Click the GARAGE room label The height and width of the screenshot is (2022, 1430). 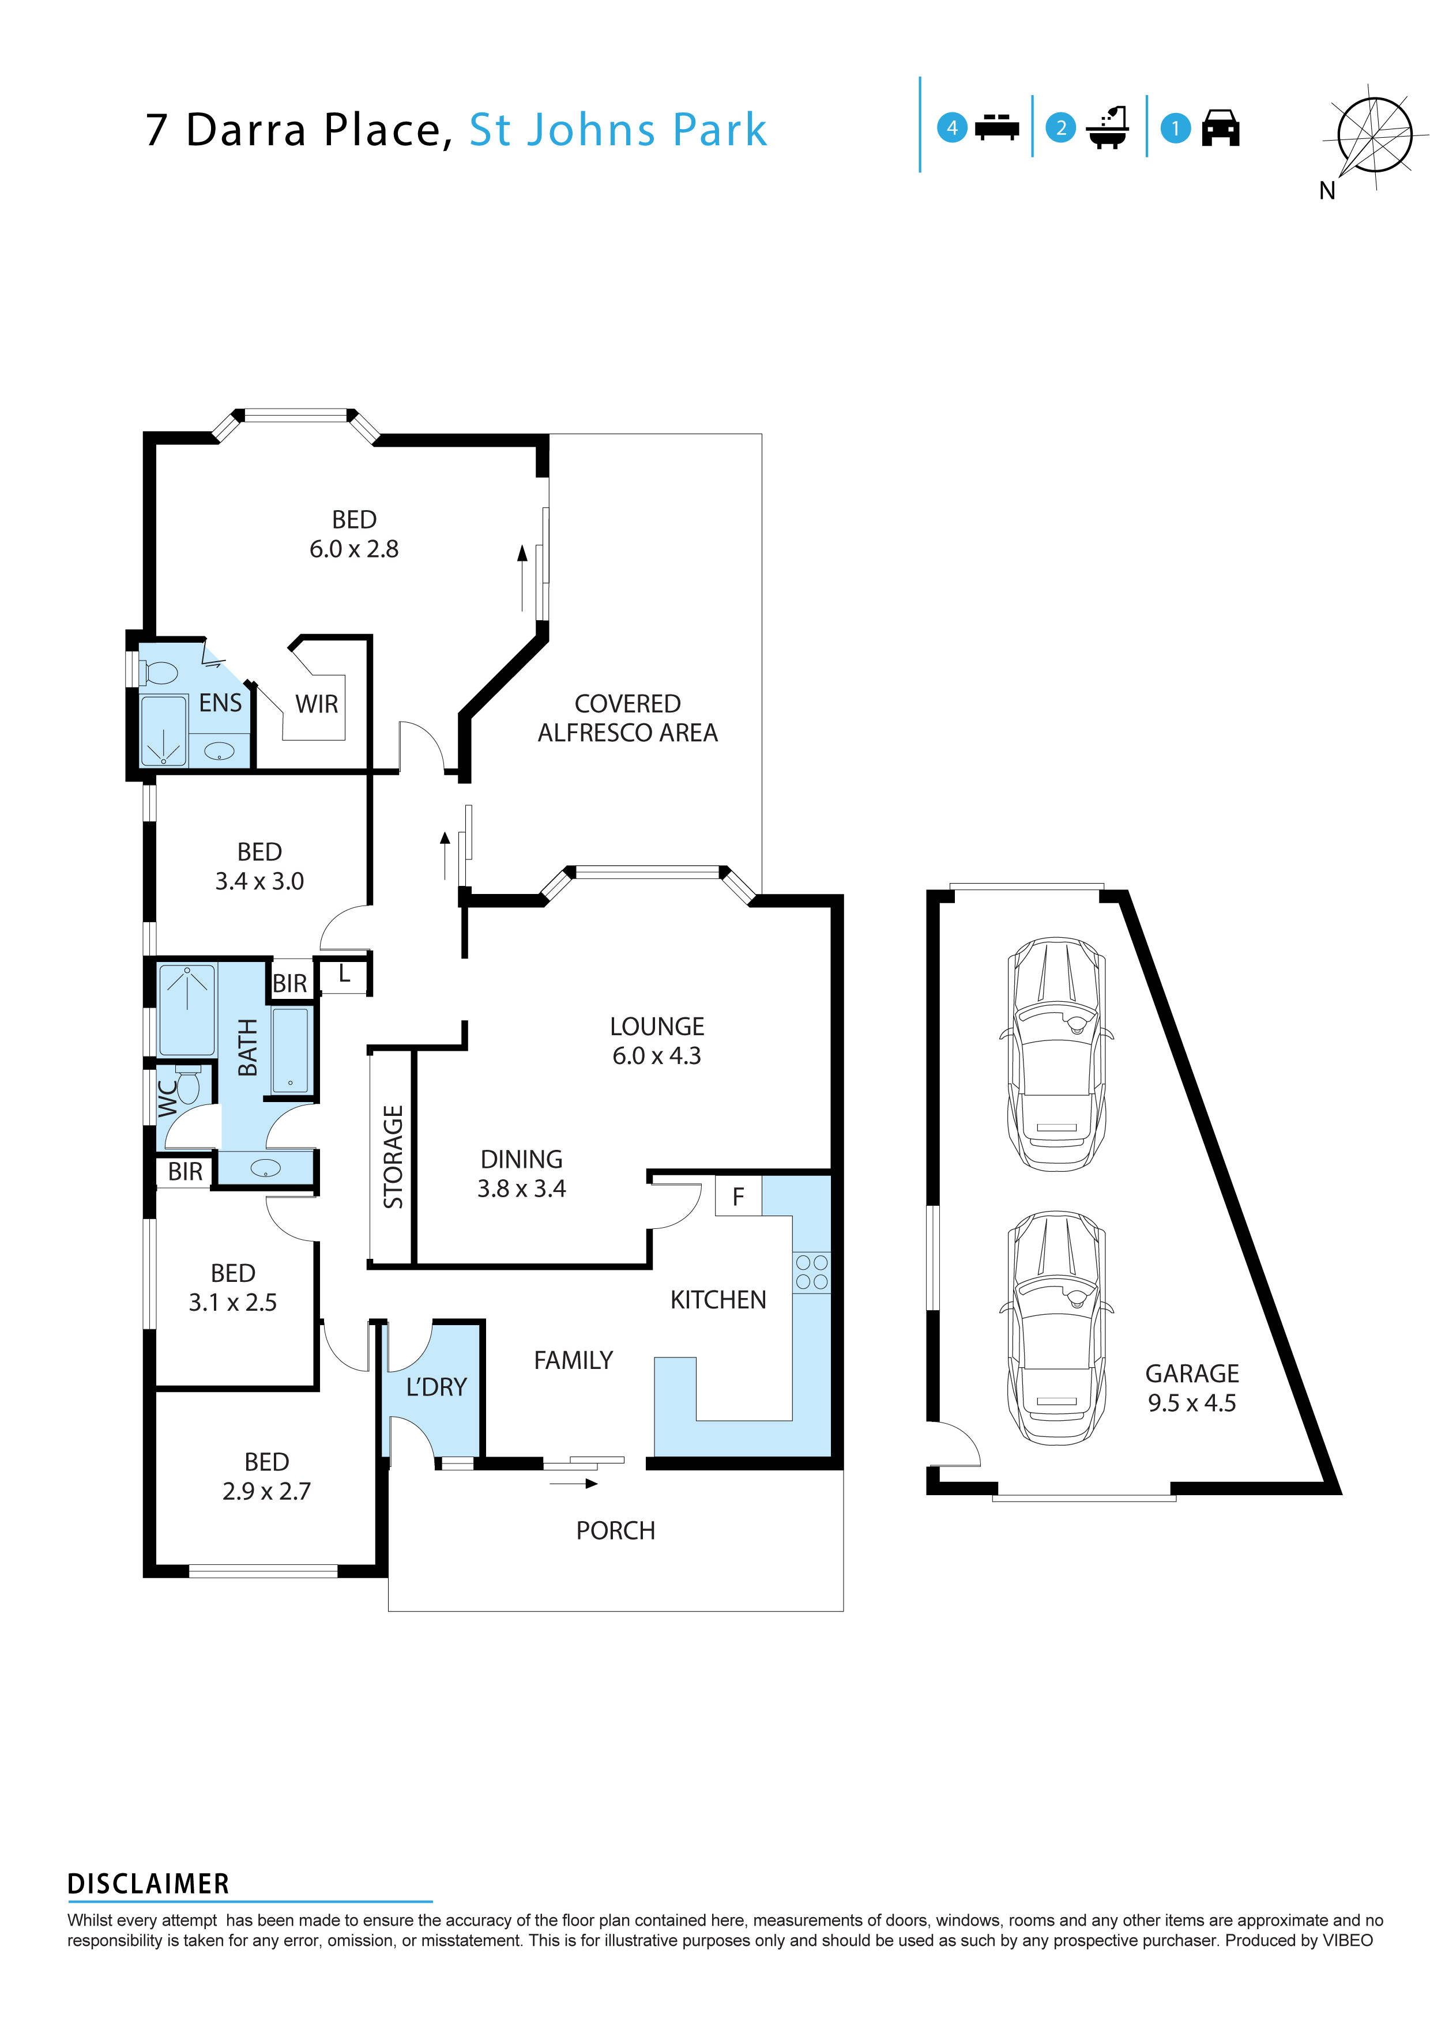(x=1191, y=1373)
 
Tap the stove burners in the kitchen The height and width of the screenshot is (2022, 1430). (x=811, y=1272)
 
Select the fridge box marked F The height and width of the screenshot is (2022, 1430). (x=738, y=1196)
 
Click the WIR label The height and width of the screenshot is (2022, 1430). (x=317, y=704)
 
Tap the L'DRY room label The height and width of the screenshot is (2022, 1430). (x=435, y=1387)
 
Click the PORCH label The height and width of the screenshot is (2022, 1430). (x=615, y=1530)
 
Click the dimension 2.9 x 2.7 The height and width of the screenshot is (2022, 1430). (x=266, y=1491)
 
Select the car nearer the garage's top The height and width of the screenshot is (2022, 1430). (x=1056, y=1053)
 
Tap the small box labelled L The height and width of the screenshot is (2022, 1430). (x=344, y=975)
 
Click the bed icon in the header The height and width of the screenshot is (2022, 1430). (x=996, y=128)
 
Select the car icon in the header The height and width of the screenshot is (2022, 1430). (x=1220, y=129)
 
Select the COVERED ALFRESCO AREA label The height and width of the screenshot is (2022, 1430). (x=627, y=718)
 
